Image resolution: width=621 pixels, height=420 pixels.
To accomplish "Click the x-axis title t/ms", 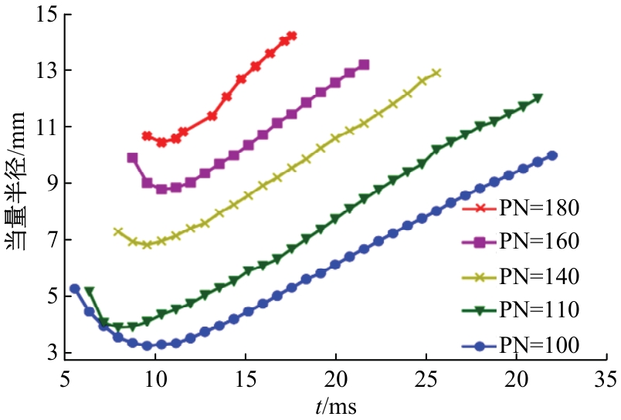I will point(336,405).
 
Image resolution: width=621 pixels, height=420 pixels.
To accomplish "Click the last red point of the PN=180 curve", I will point(291,36).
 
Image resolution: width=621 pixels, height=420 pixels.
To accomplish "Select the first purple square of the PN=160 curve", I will point(132,157).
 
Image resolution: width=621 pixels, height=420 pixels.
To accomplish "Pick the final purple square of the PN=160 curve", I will point(364,65).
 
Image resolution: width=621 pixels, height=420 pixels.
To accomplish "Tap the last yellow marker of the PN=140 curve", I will point(436,73).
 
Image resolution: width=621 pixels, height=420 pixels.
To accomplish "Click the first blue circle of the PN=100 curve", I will point(74,289).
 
